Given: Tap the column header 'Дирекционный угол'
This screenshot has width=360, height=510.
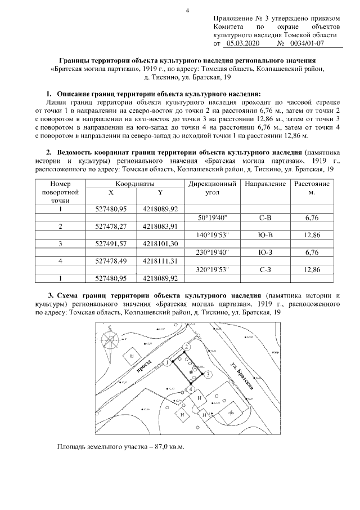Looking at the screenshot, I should pos(211,188).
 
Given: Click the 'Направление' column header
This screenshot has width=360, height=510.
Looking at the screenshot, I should pos(262,184).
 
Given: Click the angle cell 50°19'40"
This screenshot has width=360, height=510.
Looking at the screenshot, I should pos(211,217).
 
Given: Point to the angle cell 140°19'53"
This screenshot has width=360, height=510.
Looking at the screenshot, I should pos(211,234).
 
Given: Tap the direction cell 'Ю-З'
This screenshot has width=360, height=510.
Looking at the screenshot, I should pos(262,252).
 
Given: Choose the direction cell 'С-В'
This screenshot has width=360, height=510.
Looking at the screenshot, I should pos(262,217).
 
